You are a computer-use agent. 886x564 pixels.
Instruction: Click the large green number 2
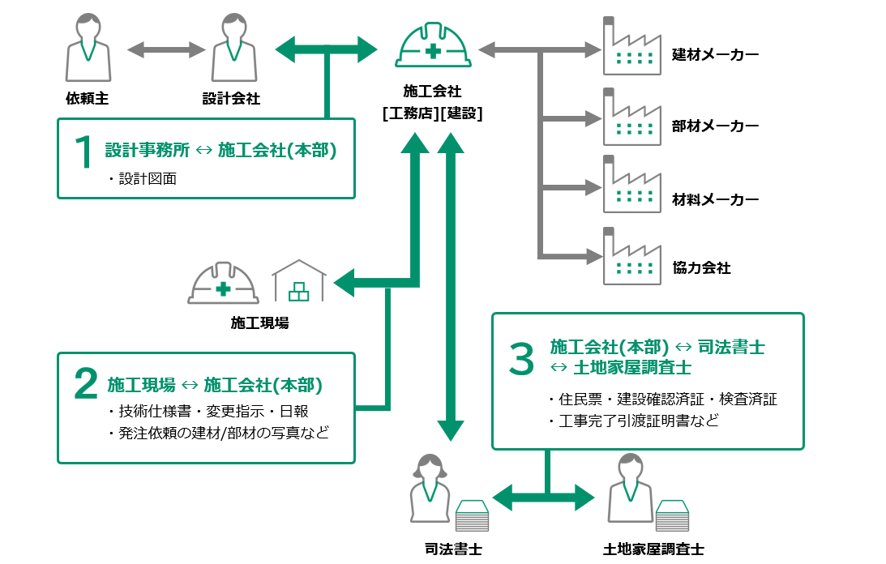click(x=85, y=386)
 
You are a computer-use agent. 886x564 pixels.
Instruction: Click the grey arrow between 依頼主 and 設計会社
click(x=166, y=50)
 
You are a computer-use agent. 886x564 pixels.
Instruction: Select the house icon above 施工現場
click(x=299, y=281)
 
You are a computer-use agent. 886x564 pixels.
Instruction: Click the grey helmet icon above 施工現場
click(x=223, y=283)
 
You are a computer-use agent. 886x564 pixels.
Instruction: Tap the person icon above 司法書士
click(x=430, y=488)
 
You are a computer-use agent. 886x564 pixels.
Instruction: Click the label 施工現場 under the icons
click(x=259, y=324)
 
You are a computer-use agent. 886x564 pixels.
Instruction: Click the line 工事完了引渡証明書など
click(x=632, y=421)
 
